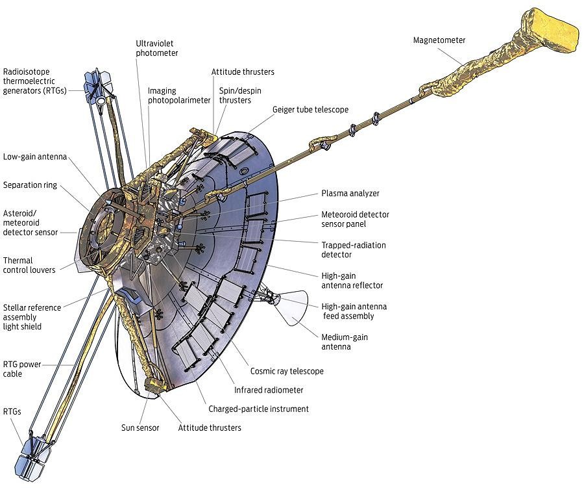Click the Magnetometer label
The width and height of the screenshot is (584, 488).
click(439, 40)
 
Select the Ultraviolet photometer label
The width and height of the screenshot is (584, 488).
click(156, 48)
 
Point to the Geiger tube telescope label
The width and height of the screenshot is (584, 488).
click(310, 110)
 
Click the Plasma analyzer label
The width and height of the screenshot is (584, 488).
click(350, 193)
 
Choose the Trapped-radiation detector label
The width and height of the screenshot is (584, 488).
click(354, 250)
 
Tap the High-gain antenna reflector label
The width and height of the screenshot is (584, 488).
click(352, 281)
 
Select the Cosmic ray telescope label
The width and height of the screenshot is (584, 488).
click(287, 371)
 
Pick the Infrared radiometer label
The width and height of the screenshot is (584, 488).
click(269, 390)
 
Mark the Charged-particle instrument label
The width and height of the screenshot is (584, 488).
click(258, 409)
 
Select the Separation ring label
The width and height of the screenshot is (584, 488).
click(30, 185)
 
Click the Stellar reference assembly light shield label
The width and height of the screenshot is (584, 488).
click(32, 316)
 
